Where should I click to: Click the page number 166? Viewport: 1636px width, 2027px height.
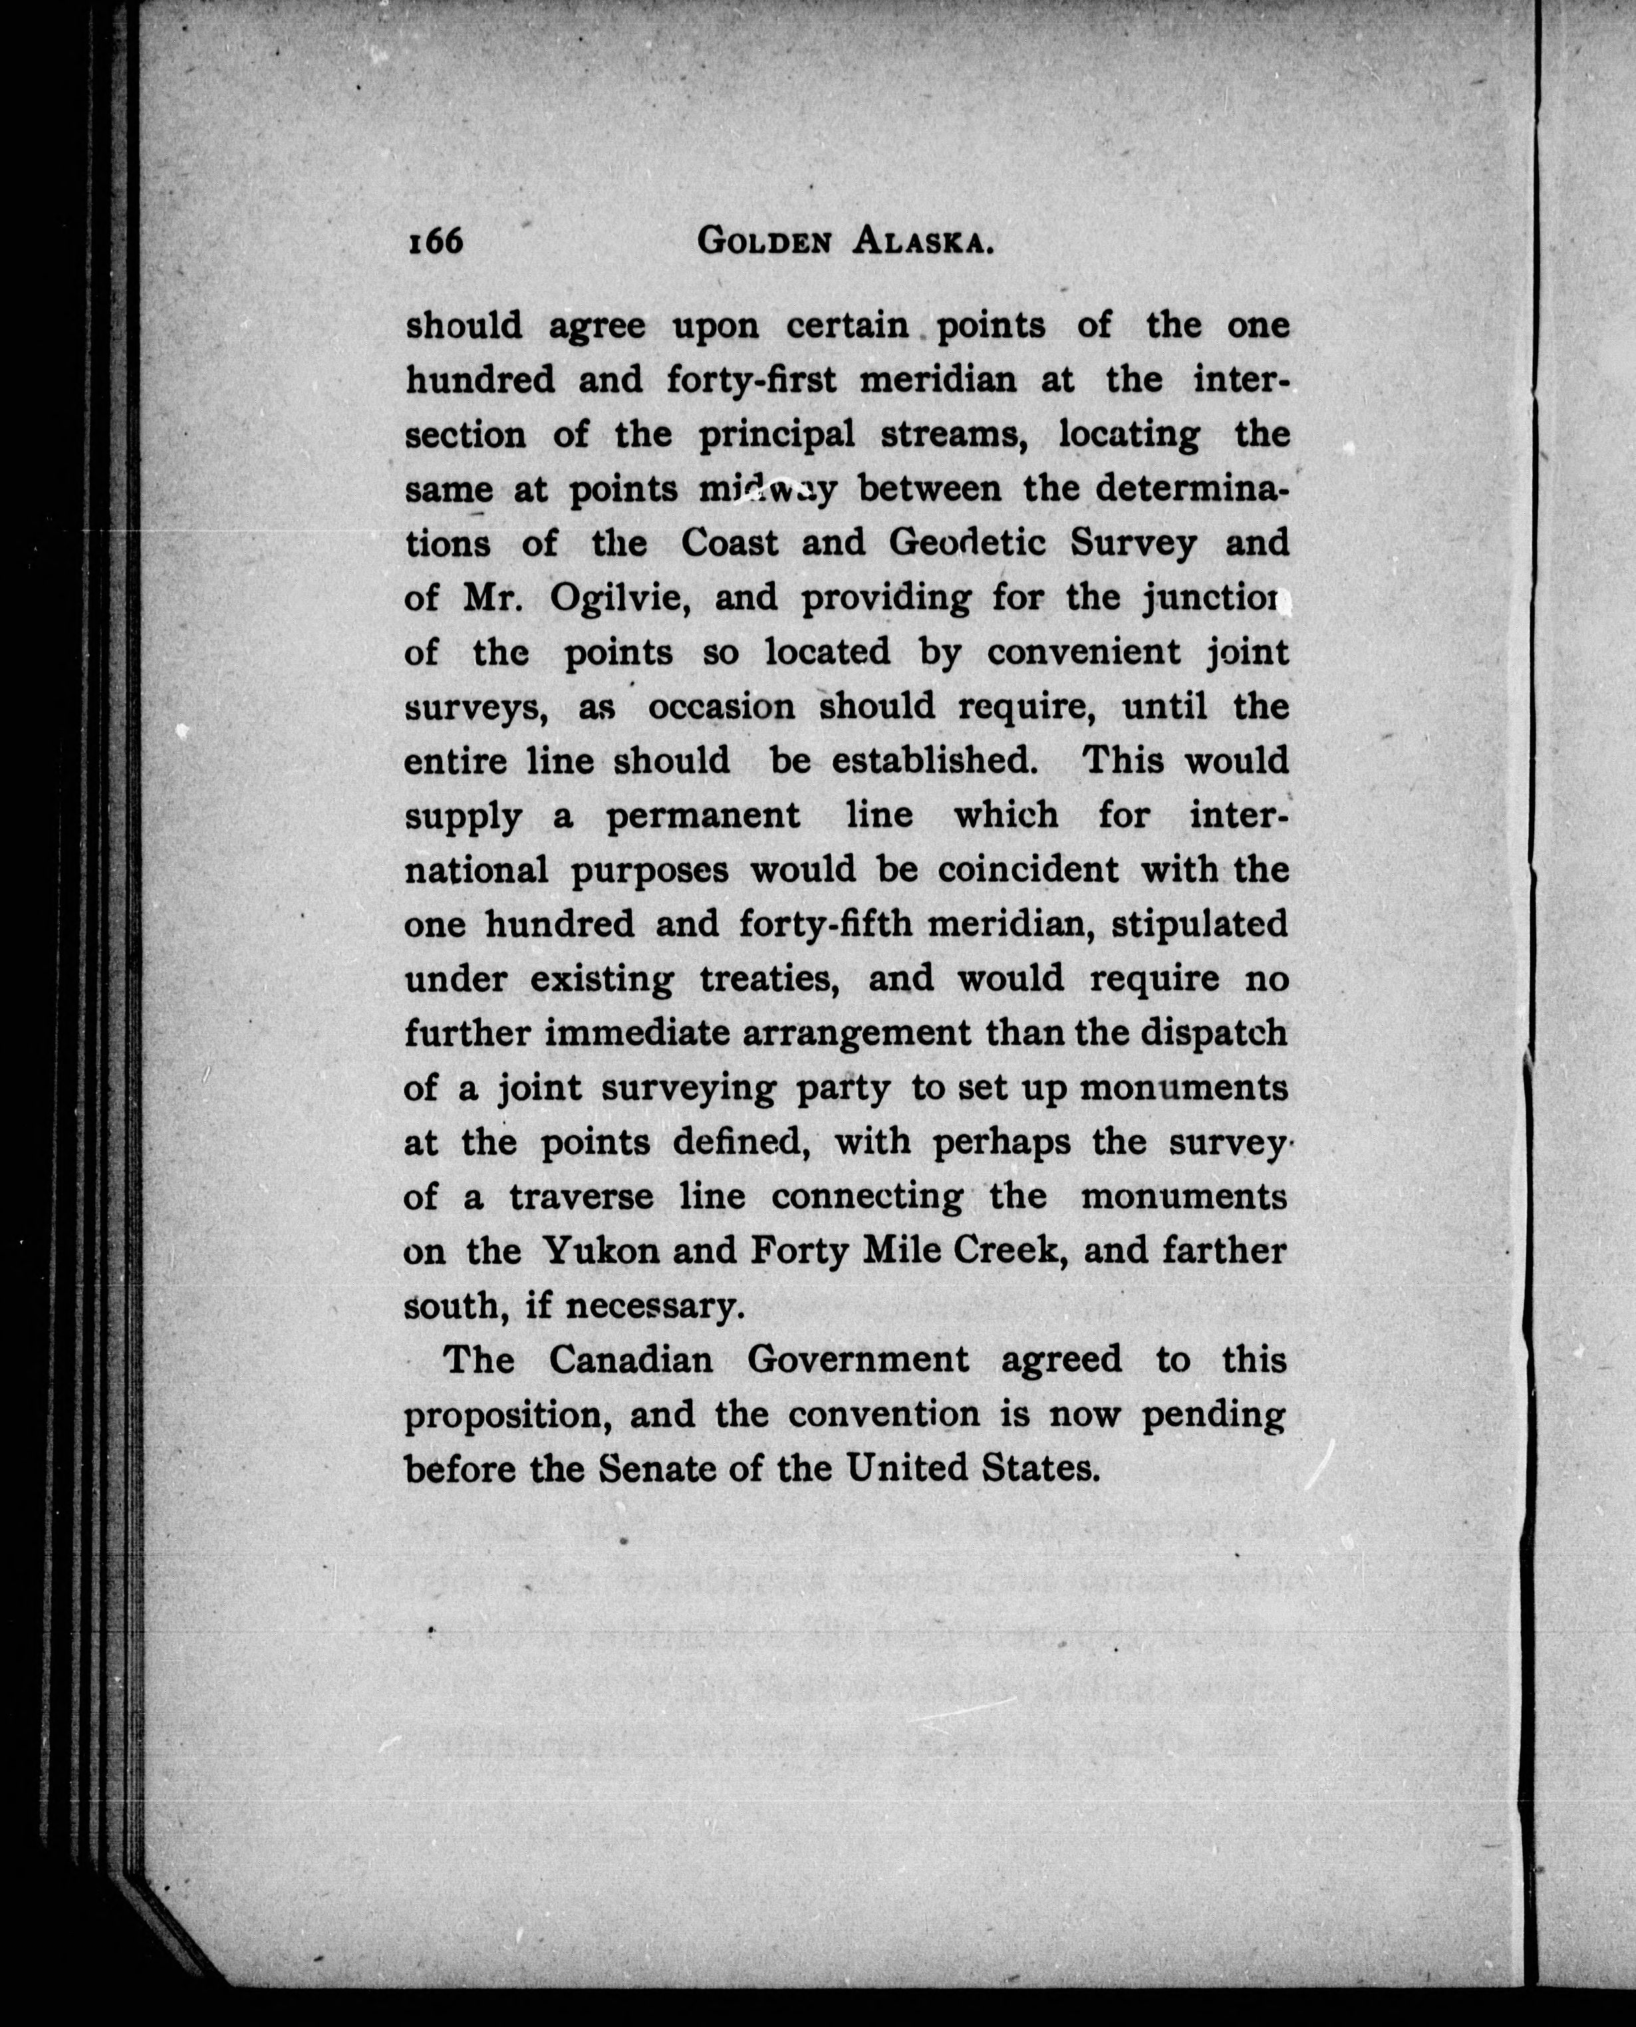(436, 242)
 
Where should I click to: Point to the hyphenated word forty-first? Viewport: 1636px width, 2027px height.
(753, 380)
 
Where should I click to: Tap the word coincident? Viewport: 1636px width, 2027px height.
(1028, 870)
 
